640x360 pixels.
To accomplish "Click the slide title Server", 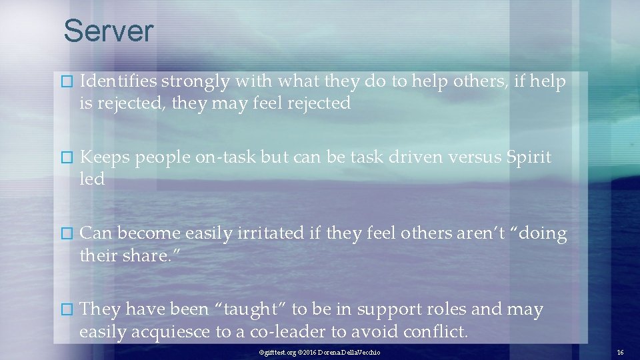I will [x=108, y=31].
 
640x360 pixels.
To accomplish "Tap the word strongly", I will [x=193, y=82].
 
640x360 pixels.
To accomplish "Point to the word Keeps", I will [x=101, y=158].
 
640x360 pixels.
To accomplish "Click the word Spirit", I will [x=529, y=158].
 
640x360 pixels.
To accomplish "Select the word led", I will [x=92, y=179].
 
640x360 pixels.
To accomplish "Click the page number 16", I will [x=620, y=352].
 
